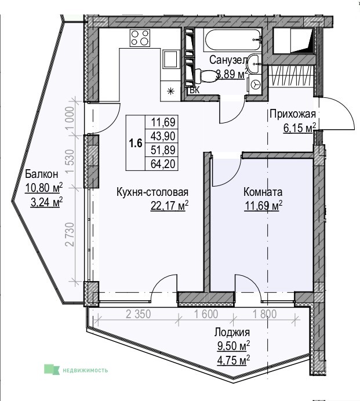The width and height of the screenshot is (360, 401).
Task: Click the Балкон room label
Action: pos(42,174)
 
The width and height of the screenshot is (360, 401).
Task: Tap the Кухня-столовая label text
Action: pos(152,192)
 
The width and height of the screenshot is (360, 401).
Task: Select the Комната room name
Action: pos(263,192)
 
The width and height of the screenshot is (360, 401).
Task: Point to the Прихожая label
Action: pos(293,114)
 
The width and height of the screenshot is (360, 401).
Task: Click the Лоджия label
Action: pos(232,332)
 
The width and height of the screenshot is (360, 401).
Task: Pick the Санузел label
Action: pos(228,60)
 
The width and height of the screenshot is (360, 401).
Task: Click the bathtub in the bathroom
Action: pos(232,39)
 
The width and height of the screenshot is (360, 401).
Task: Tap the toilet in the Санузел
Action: pos(206,76)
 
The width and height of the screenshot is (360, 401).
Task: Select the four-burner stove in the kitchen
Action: pos(140,38)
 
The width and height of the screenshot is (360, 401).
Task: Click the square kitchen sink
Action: pos(170,59)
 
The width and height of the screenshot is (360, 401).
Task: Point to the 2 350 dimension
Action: pos(139,314)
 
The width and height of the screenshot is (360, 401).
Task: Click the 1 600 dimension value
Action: pos(206,314)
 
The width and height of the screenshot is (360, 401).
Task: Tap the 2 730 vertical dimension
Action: pos(70,235)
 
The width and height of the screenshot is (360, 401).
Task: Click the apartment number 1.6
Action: pos(136,143)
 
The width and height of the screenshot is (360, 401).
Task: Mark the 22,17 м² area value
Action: pos(170,206)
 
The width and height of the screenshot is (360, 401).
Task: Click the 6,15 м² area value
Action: pos(300,127)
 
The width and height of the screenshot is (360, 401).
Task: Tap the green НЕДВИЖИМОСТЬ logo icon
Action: pos(52,370)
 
